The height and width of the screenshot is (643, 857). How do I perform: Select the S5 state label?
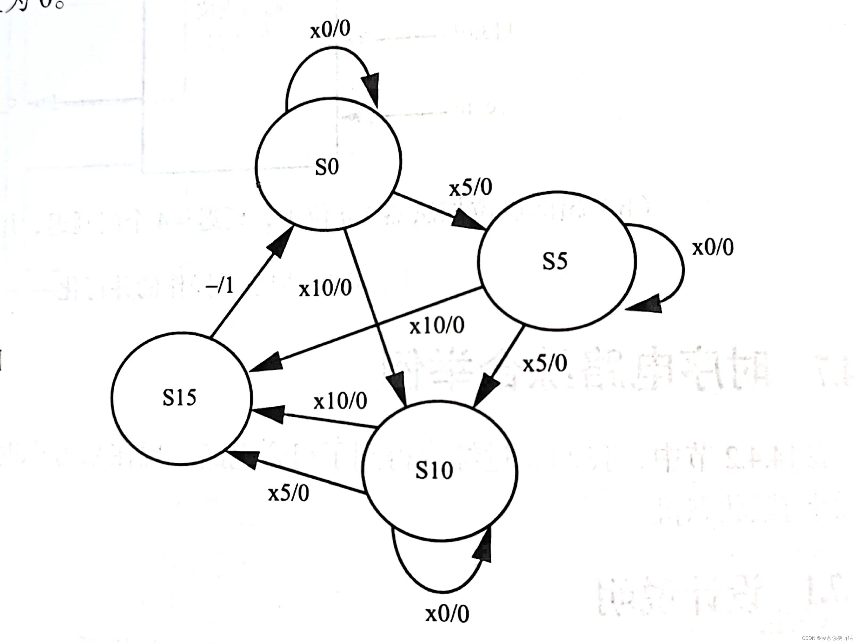click(554, 261)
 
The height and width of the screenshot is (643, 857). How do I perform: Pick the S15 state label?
click(179, 398)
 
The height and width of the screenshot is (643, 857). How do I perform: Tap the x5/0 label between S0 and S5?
click(470, 188)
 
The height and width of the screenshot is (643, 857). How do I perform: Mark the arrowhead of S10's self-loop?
click(483, 546)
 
